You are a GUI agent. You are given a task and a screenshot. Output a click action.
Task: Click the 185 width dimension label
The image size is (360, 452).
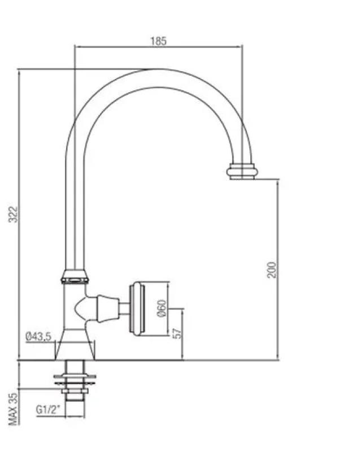[x=158, y=41]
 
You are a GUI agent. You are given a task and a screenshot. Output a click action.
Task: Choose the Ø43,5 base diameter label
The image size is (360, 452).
[x=38, y=337]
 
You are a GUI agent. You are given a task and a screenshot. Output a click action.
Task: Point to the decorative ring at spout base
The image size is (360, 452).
[x=75, y=277]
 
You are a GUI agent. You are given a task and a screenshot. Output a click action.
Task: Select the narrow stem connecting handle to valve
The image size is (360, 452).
[x=123, y=308]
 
